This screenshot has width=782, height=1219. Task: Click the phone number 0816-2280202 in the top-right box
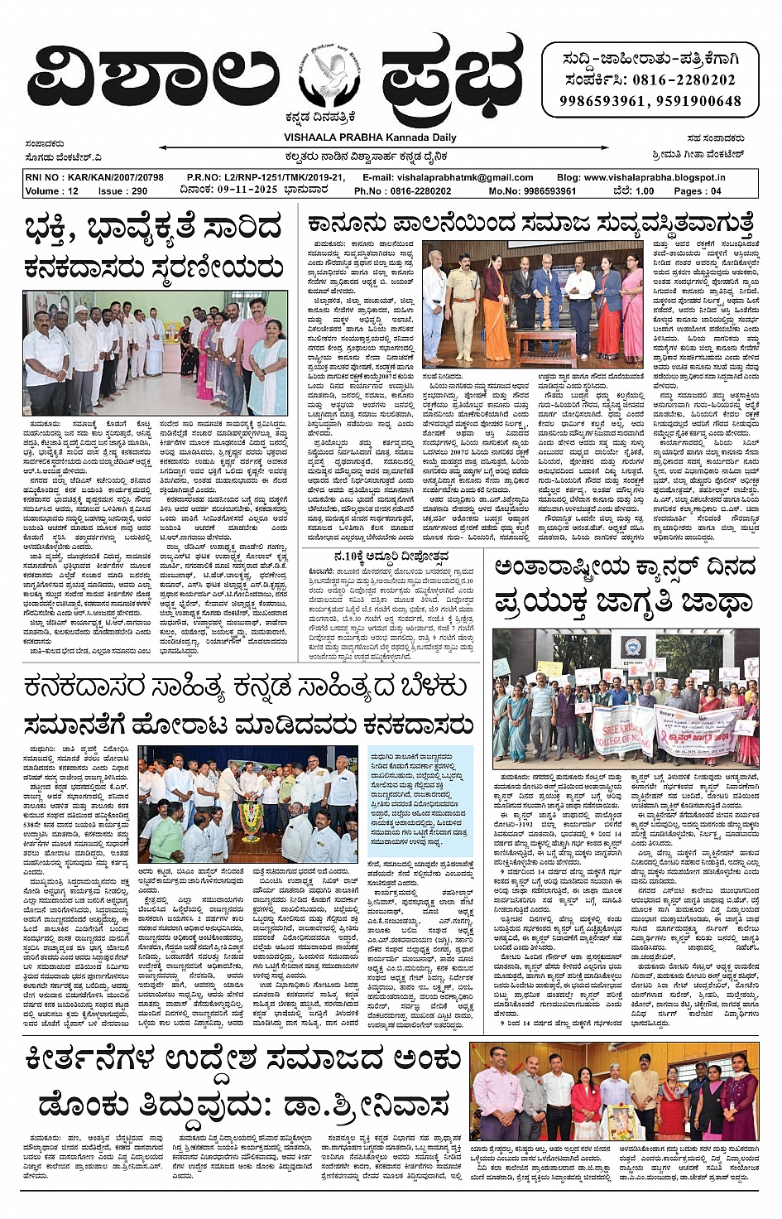click(x=684, y=80)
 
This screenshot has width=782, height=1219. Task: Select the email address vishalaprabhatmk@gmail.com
click(x=465, y=177)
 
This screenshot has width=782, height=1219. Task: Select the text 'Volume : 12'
click(x=51, y=190)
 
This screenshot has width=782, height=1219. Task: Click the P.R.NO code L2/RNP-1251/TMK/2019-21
click(x=281, y=177)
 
